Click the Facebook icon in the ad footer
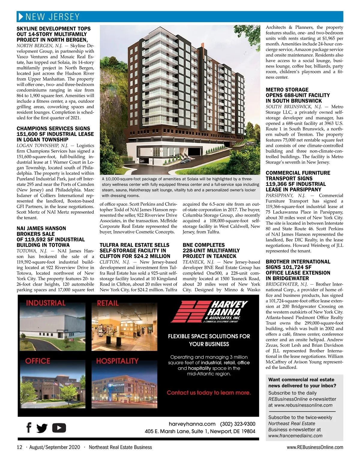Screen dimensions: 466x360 29,427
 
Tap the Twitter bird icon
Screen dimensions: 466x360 42,428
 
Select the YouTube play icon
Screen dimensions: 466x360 59,428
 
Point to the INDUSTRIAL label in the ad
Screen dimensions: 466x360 46,303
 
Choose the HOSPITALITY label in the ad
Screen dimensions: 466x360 117,361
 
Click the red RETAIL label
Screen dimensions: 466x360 108,303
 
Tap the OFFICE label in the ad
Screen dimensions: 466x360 37,361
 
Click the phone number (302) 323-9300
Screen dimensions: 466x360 238,424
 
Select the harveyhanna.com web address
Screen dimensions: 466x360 192,424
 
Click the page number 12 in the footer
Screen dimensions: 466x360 19,447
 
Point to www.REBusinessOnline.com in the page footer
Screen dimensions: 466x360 315,447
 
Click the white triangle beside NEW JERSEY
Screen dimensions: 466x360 21,16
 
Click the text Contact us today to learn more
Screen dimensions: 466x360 209,393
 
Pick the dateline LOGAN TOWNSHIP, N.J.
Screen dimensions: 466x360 39,145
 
